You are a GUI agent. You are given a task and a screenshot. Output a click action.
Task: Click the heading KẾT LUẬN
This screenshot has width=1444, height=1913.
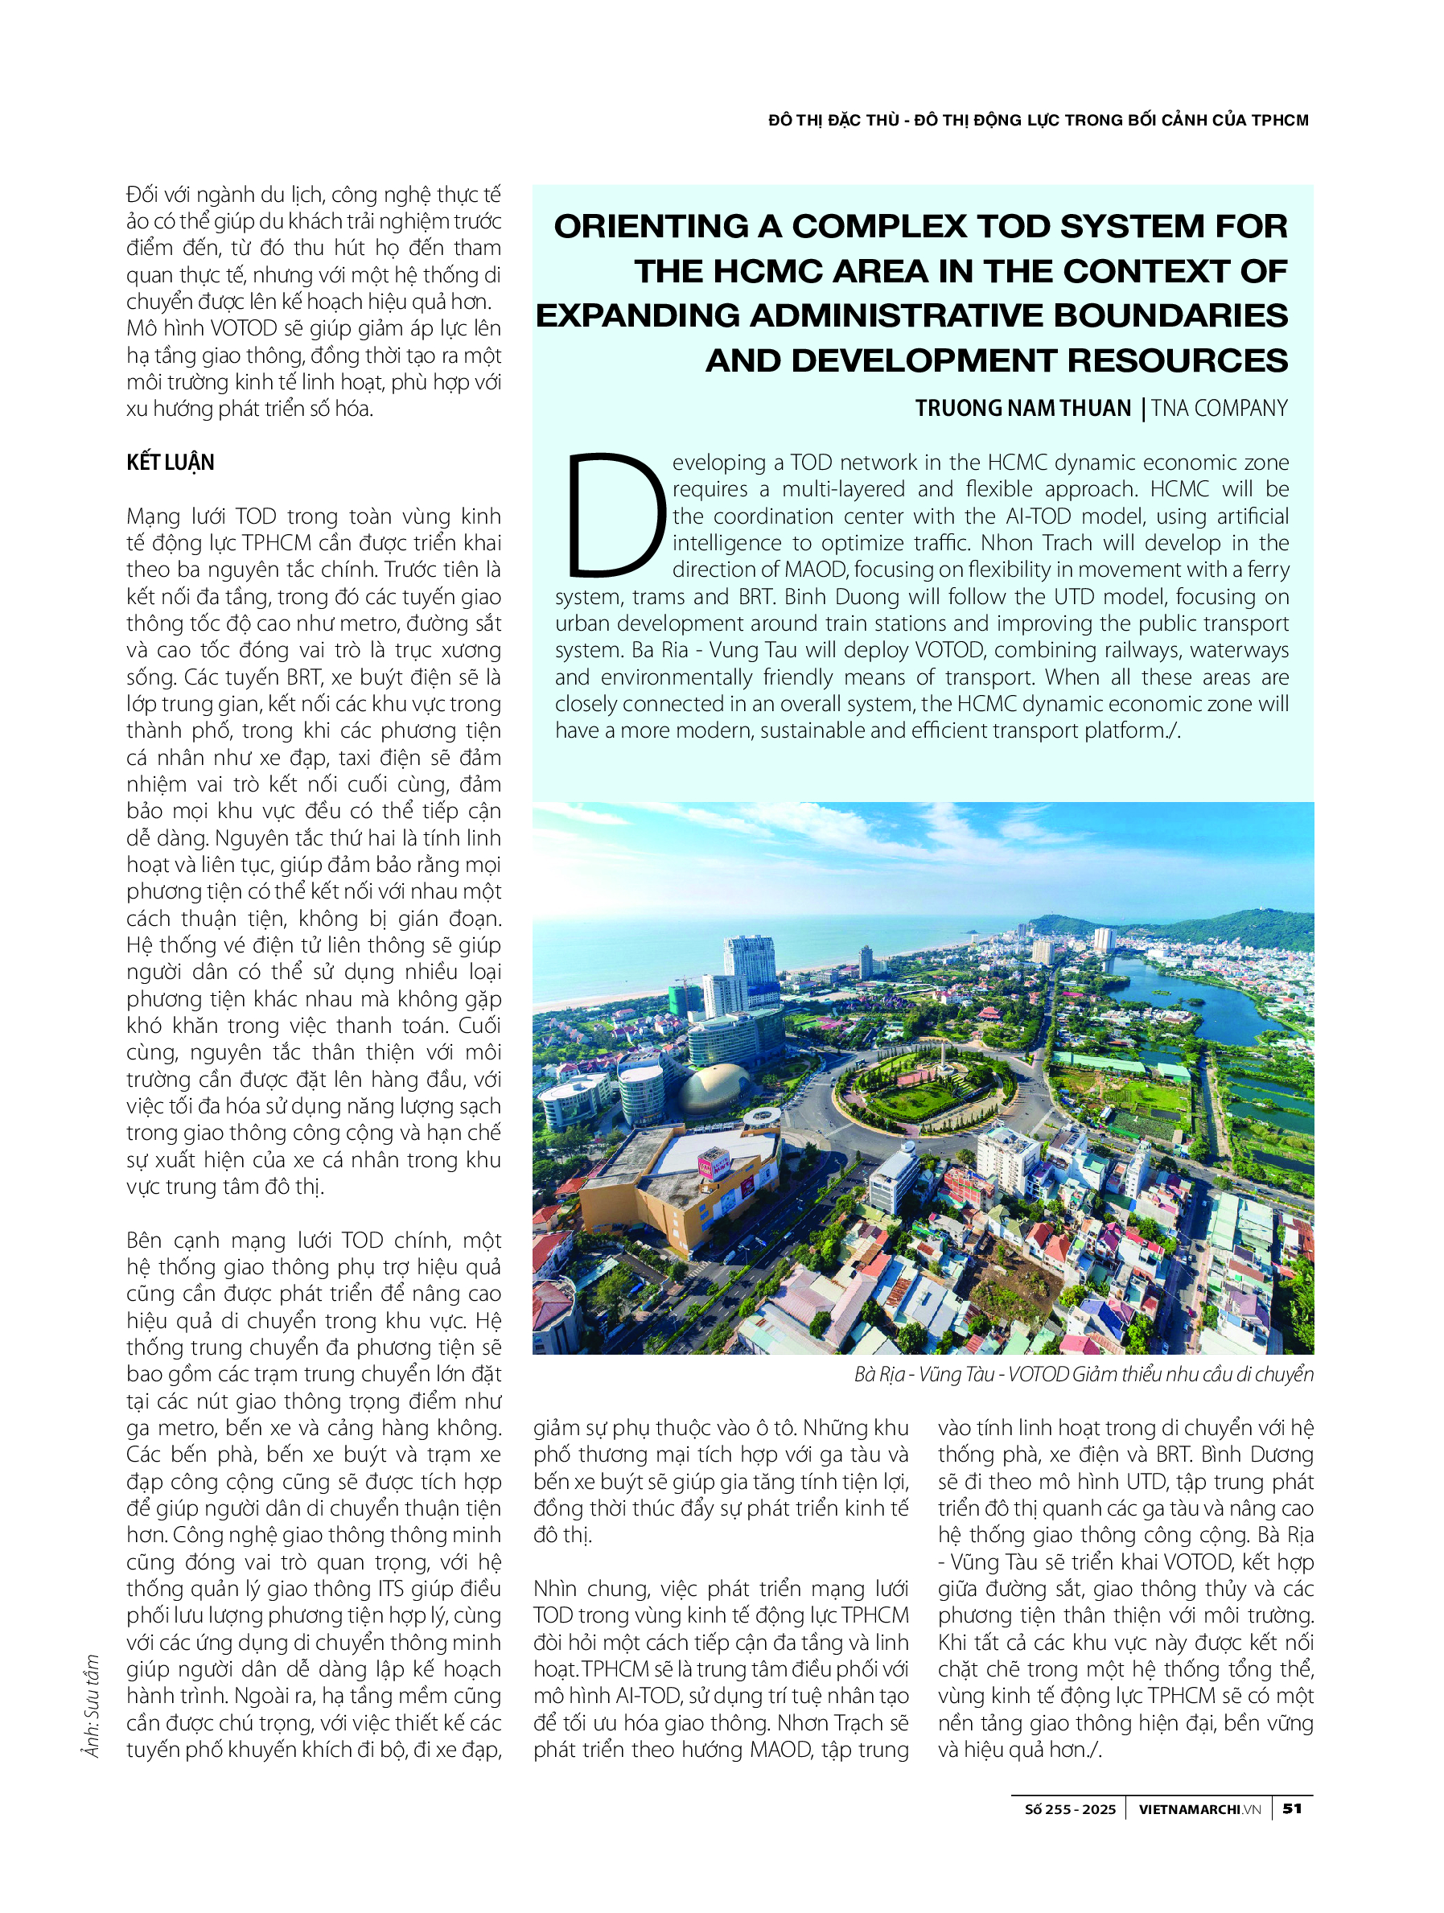pos(171,463)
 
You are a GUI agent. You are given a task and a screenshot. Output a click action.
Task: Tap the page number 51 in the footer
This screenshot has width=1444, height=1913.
pos(1292,1808)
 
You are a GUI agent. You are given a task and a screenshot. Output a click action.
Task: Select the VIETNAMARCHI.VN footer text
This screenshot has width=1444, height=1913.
pos(1199,1809)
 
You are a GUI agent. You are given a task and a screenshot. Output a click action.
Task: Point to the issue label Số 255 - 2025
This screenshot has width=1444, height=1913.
pos(1070,1809)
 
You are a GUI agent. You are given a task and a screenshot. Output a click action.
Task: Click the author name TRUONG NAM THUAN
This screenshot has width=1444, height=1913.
pos(1023,408)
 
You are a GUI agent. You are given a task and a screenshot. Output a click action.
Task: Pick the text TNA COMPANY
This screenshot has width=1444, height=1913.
pos(1220,408)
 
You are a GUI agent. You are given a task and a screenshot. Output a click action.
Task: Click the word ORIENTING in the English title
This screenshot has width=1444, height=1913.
pos(651,227)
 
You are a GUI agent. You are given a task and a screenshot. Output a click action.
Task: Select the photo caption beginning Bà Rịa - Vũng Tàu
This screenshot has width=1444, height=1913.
pos(1084,1374)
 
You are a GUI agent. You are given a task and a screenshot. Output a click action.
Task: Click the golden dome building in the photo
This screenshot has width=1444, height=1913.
pos(714,1088)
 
